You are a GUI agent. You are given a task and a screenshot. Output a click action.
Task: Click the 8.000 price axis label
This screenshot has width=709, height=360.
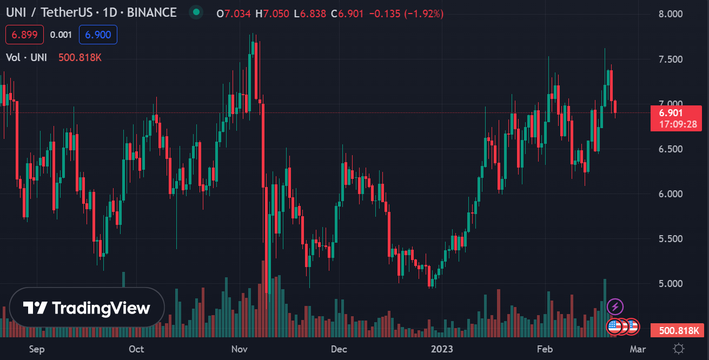(x=668, y=14)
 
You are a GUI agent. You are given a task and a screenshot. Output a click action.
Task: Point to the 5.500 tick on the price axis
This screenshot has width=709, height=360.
(x=668, y=238)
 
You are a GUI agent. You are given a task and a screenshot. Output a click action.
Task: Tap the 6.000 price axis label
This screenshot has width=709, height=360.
(x=668, y=194)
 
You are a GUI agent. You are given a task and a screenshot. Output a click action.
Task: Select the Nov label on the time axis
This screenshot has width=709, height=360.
(x=238, y=349)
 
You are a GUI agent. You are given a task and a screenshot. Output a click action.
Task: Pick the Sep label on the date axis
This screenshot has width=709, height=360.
(x=37, y=349)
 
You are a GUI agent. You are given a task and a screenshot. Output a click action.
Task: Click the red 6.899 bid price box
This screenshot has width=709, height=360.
(x=24, y=35)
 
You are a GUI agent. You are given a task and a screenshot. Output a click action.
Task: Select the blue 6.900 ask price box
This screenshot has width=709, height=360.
(x=98, y=35)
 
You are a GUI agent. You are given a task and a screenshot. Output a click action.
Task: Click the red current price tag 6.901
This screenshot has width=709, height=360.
(x=671, y=113)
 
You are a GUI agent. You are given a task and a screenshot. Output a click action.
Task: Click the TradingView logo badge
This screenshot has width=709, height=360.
(x=87, y=308)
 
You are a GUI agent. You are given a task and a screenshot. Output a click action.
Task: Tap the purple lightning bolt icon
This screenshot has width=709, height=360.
(x=615, y=307)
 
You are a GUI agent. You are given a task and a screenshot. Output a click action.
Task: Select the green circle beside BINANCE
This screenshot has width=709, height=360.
(x=196, y=12)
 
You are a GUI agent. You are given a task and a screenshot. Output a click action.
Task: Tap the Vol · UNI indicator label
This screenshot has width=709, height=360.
(x=26, y=57)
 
